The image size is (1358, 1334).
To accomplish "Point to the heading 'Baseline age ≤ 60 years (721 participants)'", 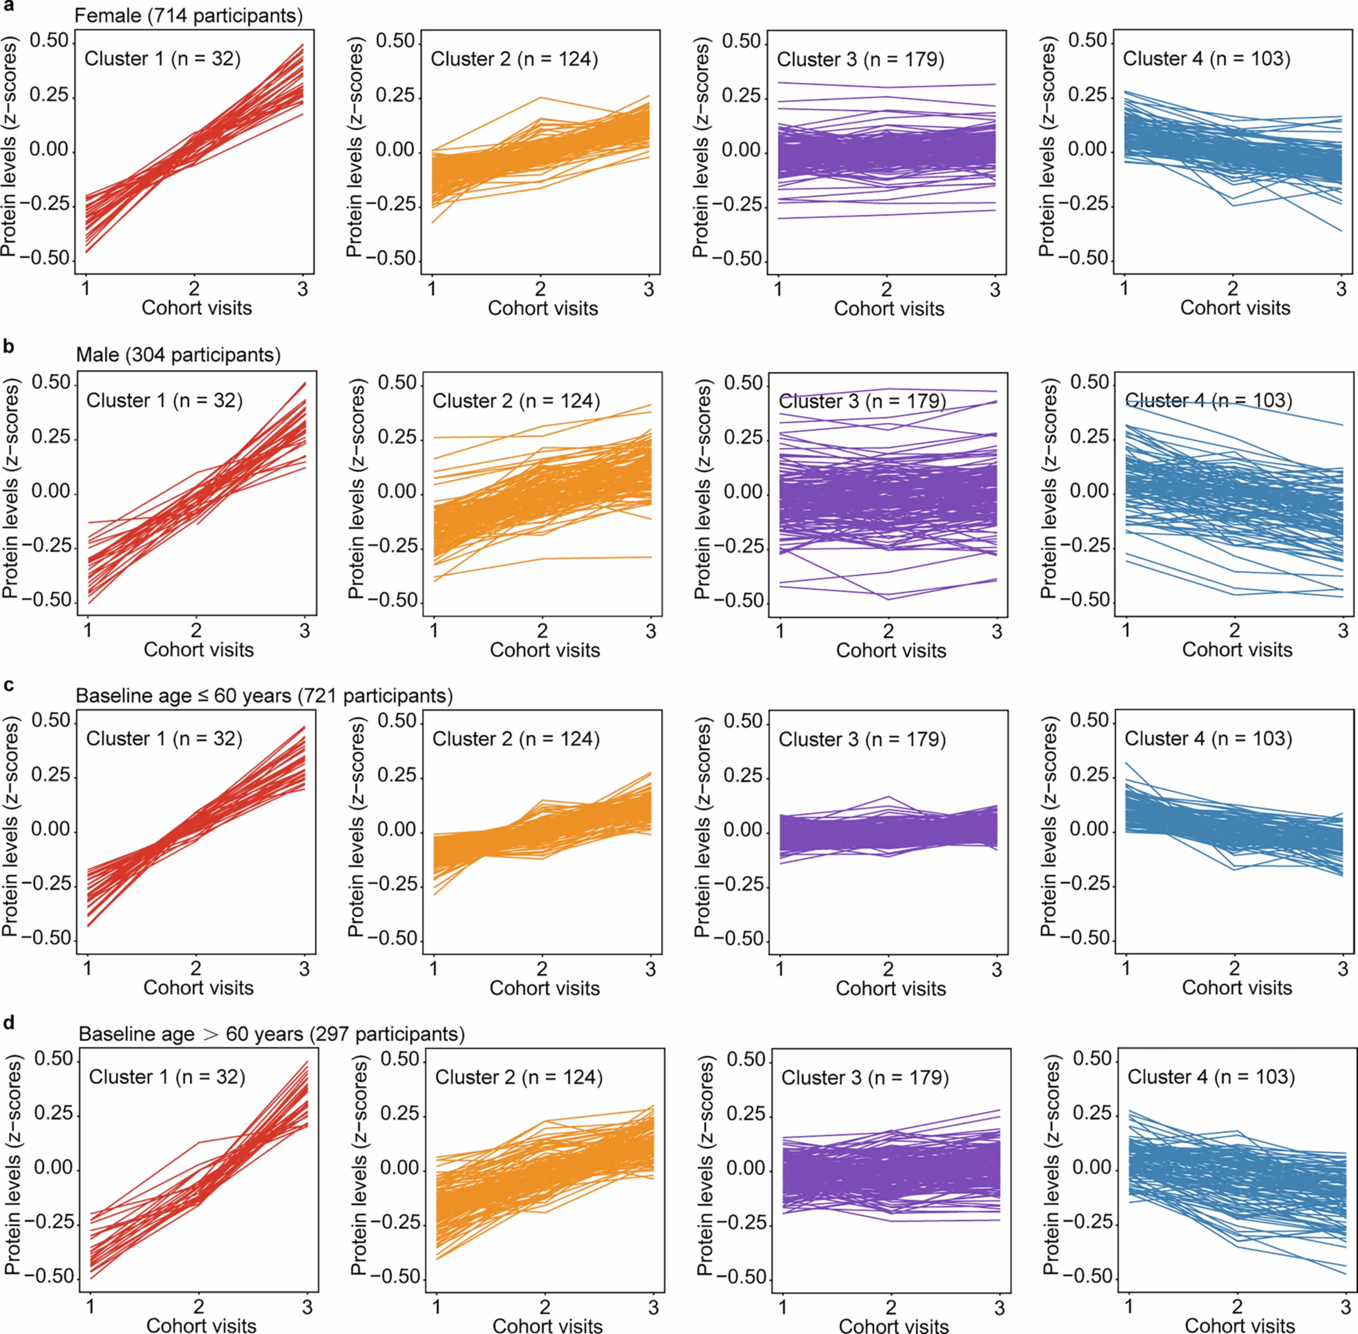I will [x=264, y=696].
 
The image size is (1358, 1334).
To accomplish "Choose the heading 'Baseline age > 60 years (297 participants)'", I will [x=272, y=1034].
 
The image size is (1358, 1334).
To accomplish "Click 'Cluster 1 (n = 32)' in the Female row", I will [x=162, y=59].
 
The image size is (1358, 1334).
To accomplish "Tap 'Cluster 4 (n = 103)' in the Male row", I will [x=1208, y=401].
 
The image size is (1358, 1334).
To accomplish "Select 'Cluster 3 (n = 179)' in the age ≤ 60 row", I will [x=862, y=739].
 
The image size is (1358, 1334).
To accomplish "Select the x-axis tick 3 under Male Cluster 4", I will [x=1342, y=631].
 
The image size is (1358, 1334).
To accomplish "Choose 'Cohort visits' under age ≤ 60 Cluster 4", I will [x=1237, y=988].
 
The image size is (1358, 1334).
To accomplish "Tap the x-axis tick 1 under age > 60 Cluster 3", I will [x=783, y=1307].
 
